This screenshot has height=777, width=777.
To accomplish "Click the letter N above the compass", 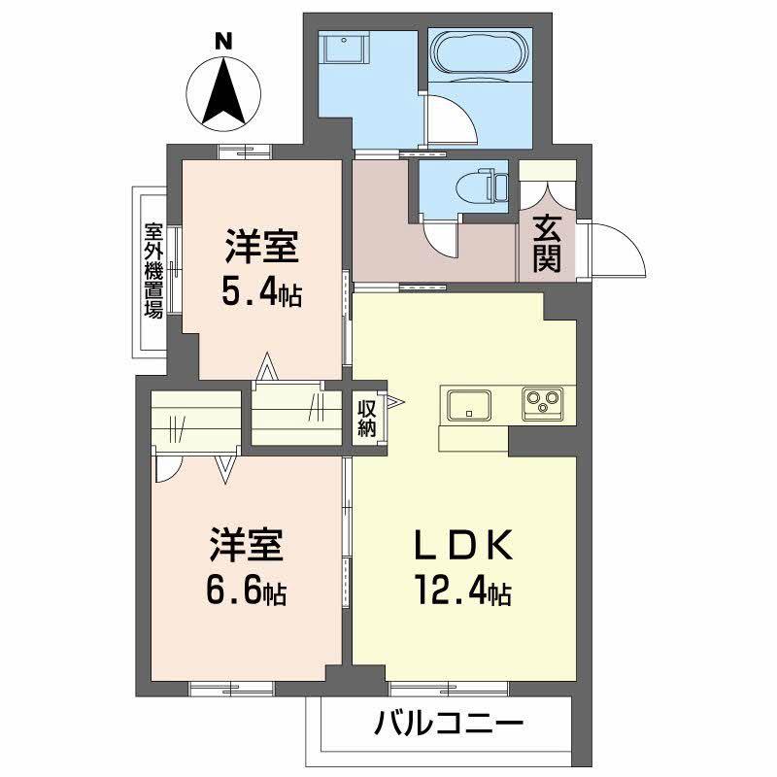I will (224, 41).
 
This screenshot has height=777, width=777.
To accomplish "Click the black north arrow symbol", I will (224, 93).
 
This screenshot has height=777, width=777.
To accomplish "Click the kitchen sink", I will (469, 402).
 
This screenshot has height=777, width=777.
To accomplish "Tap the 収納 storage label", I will (366, 418).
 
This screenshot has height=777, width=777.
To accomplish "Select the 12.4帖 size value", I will (464, 590).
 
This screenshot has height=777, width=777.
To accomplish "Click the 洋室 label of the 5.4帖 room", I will (261, 246).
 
